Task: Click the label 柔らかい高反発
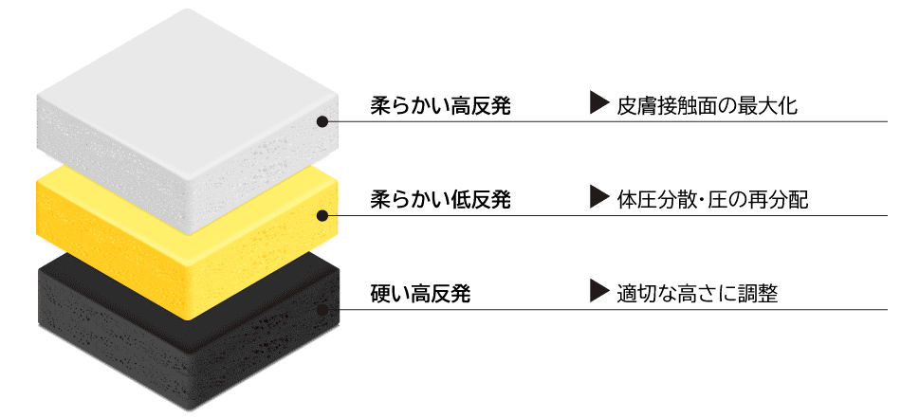pyautogui.click(x=440, y=106)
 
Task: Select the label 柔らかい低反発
pyautogui.click(x=440, y=200)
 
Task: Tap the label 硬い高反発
pyautogui.click(x=420, y=294)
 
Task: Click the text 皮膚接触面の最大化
pyautogui.click(x=707, y=106)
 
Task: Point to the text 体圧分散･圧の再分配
pyautogui.click(x=712, y=200)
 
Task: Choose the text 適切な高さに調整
pyautogui.click(x=697, y=294)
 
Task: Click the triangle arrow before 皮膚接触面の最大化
pyautogui.click(x=599, y=104)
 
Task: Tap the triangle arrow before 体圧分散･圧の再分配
pyautogui.click(x=599, y=197)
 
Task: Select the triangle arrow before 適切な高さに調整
pyautogui.click(x=599, y=291)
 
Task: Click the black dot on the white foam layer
pyautogui.click(x=322, y=121)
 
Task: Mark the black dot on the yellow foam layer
pyautogui.click(x=322, y=216)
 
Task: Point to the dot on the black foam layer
pyautogui.click(x=322, y=310)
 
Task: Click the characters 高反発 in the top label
pyautogui.click(x=481, y=106)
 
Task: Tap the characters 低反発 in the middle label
pyautogui.click(x=481, y=200)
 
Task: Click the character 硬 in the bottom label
pyautogui.click(x=380, y=294)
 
